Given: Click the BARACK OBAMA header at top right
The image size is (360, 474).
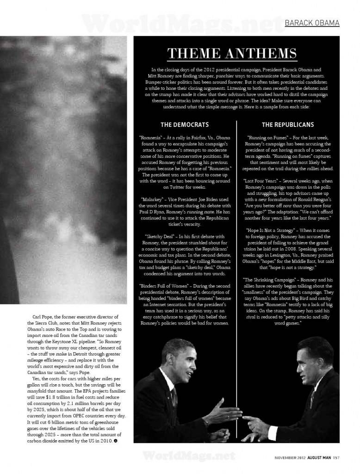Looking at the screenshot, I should coord(311,23).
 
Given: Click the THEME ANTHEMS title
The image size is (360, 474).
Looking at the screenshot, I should coord(232,54).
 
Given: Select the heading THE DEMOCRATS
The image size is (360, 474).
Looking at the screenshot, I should coord(184,125).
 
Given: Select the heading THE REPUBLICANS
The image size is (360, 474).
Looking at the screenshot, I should coord(288,125).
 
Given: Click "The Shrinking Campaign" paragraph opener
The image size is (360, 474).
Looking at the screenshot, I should coord(270,280).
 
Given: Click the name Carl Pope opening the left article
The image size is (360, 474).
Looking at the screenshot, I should coord(43,316).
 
